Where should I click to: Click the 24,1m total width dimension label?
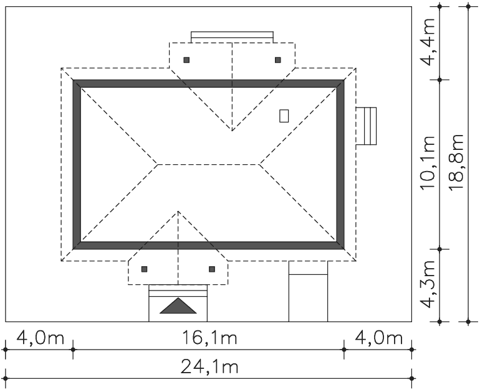pos(209,366)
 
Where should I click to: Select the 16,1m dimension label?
pos(209,338)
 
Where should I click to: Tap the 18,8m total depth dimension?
pos(456,162)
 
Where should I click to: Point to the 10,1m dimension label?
pos(428,162)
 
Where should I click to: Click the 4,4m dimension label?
pos(428,42)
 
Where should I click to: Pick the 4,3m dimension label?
pos(428,284)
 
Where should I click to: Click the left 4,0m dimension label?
pos(40,338)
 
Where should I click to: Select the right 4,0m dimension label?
pos(378,338)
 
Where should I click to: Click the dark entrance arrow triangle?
pos(178,305)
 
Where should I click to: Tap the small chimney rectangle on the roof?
pos(284,116)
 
